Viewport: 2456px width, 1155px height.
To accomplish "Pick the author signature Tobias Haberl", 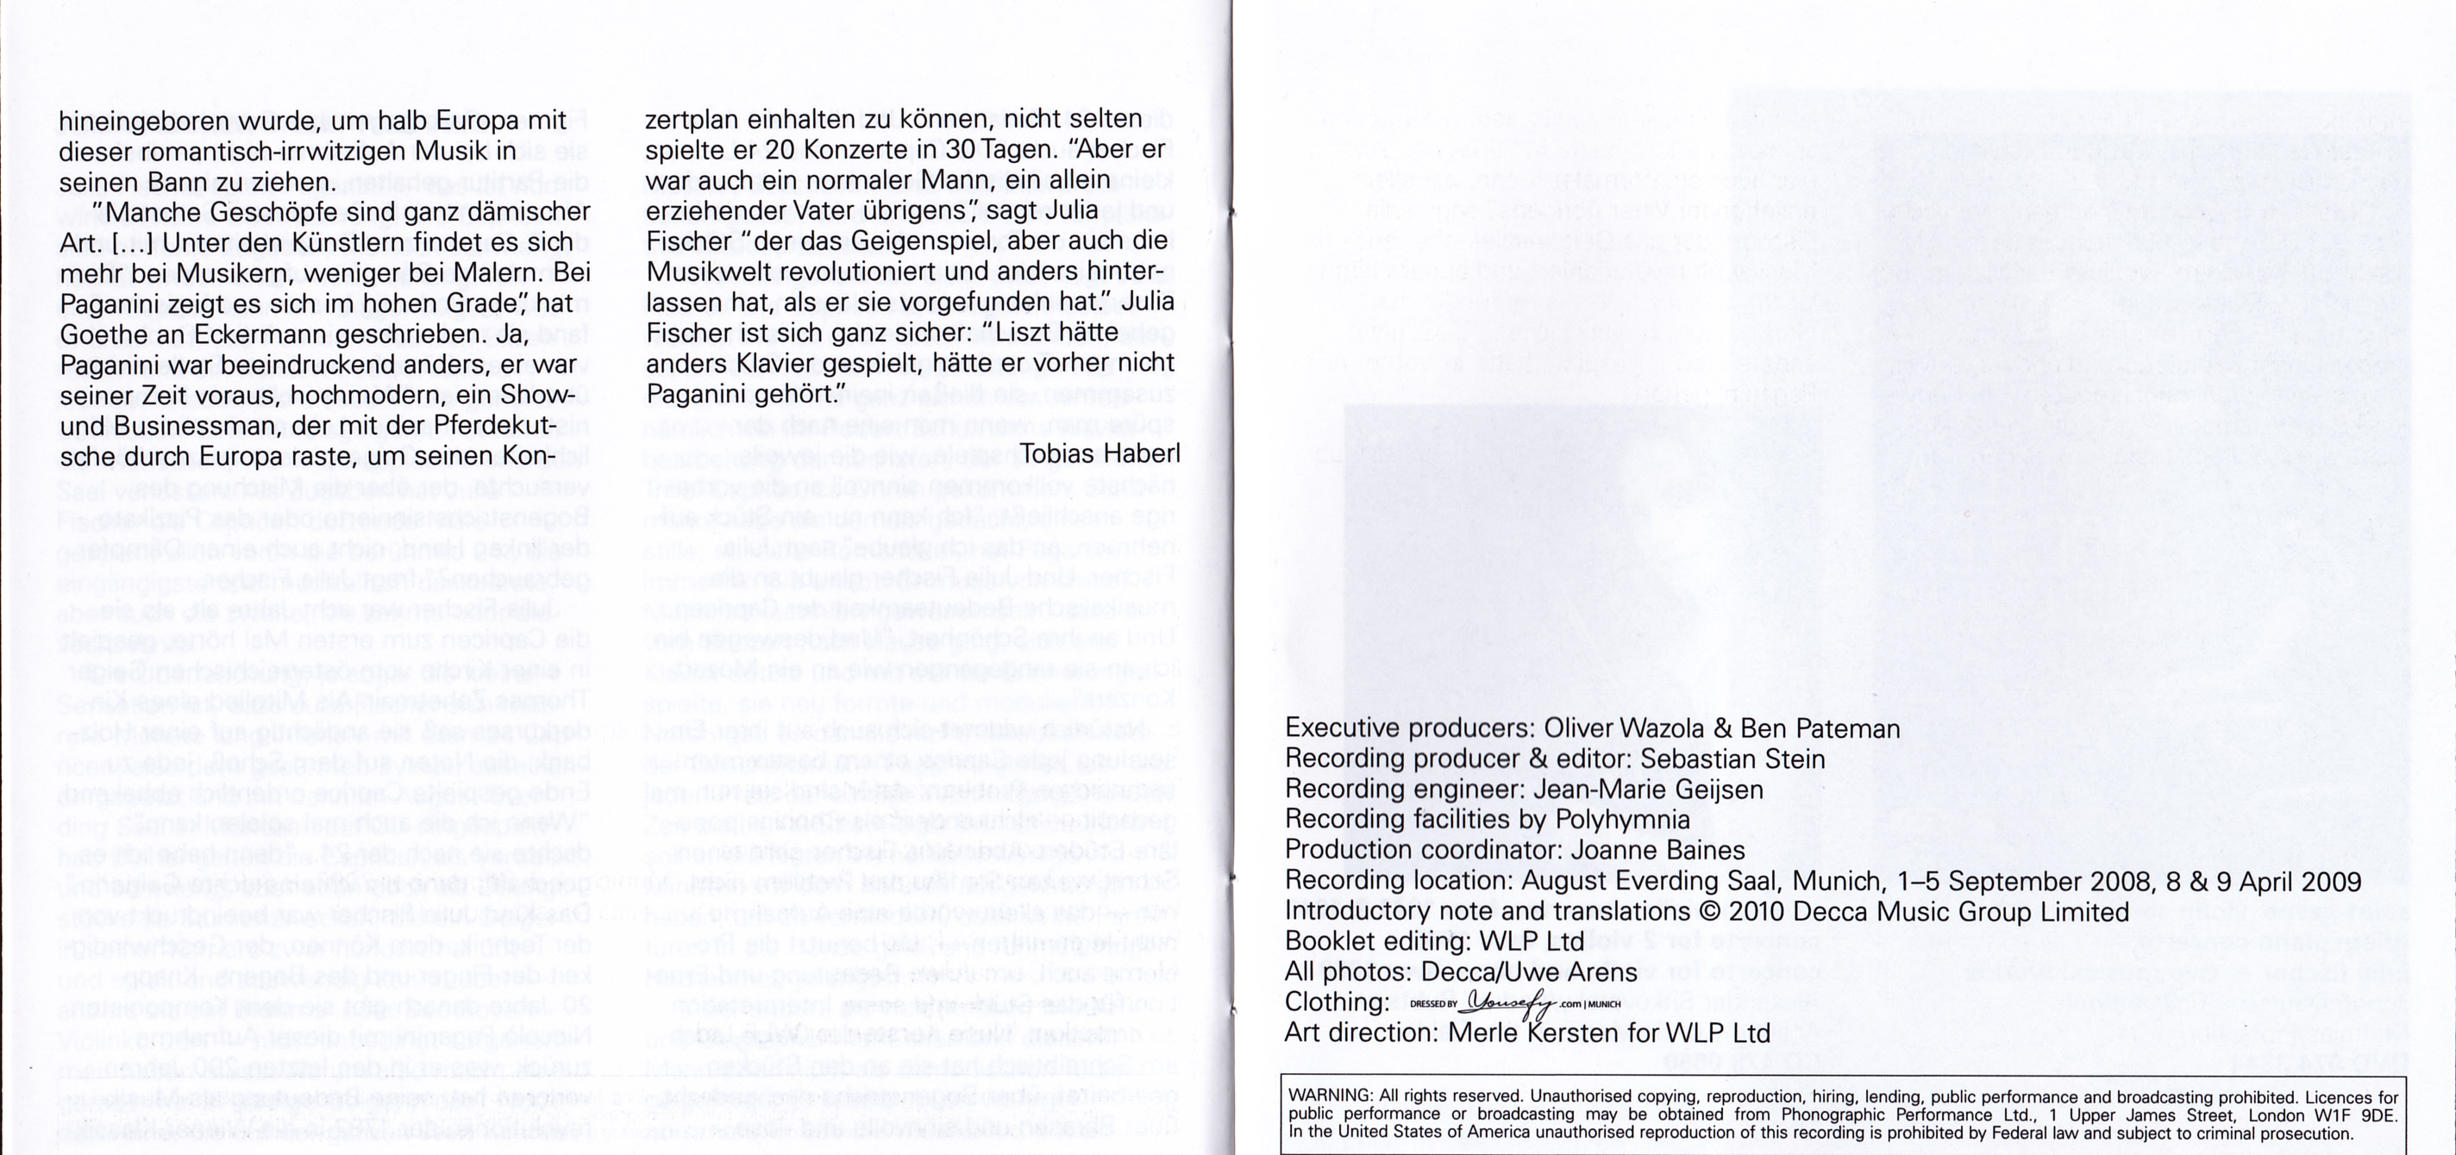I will [x=1100, y=453].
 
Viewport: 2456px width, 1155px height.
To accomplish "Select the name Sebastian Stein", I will [x=1732, y=759].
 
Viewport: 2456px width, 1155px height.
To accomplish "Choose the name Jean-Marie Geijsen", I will [x=1635, y=789].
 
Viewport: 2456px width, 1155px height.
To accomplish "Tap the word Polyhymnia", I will [x=1622, y=820].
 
